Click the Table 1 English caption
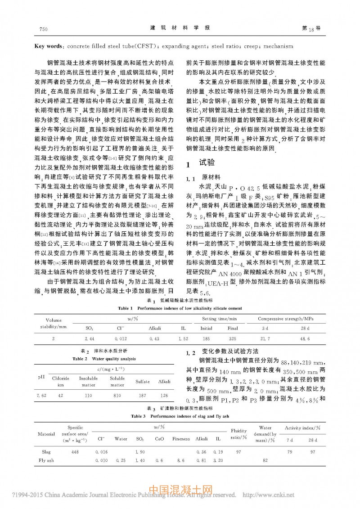click(180, 308)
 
